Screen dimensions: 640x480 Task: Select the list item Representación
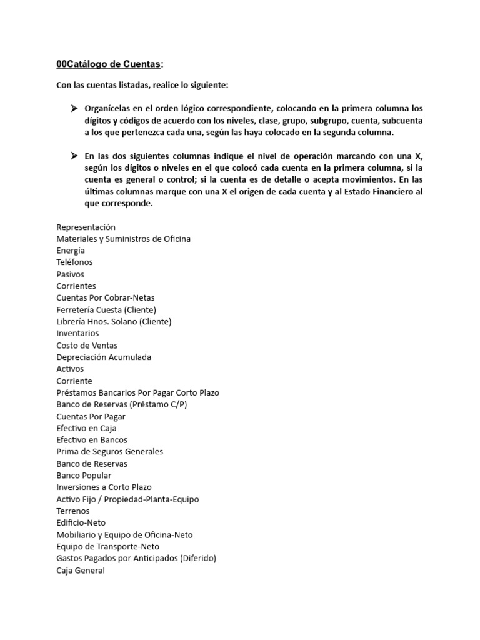(x=86, y=227)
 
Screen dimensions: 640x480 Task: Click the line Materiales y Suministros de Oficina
(x=123, y=239)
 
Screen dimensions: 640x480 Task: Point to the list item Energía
(x=71, y=251)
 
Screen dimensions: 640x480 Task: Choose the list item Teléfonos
(x=74, y=262)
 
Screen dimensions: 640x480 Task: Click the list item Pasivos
(x=70, y=274)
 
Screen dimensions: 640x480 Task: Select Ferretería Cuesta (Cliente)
(x=106, y=309)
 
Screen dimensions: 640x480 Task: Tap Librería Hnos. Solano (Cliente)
(x=114, y=321)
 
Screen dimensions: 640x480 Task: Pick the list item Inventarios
(x=77, y=333)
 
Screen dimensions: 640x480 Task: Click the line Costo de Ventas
(x=87, y=345)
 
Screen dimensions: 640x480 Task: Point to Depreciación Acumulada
(x=104, y=357)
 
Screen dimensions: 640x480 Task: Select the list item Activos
(x=70, y=369)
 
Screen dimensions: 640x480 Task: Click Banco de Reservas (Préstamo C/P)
(x=121, y=404)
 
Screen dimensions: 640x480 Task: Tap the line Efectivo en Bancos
(x=92, y=440)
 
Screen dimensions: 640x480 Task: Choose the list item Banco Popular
(x=84, y=476)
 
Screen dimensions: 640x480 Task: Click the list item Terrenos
(x=73, y=511)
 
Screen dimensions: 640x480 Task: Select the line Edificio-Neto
(x=81, y=522)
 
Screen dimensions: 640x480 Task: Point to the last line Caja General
(x=81, y=570)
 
